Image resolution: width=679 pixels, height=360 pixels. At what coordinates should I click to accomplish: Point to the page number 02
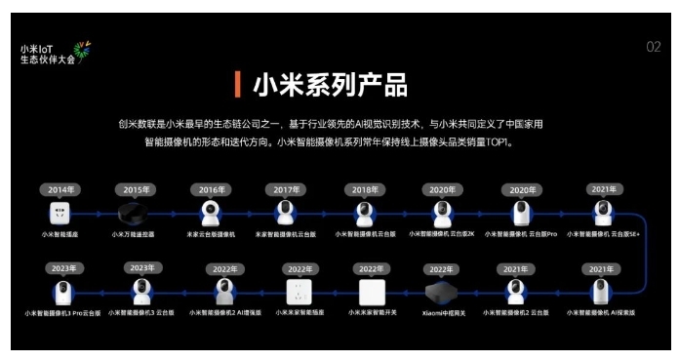point(653,47)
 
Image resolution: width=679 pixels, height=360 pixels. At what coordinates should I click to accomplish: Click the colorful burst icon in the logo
point(83,50)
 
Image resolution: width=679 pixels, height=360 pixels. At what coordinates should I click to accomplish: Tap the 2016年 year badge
point(211,189)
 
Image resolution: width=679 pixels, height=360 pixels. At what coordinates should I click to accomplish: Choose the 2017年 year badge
point(286,189)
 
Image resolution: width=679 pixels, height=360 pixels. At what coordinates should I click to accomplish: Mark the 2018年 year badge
point(365,189)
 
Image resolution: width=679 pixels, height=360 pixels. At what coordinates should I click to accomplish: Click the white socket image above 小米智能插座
point(60,214)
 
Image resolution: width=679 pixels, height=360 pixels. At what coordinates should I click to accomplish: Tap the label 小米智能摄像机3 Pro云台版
point(62,313)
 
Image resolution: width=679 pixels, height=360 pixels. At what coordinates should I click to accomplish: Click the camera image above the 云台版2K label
point(442,213)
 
